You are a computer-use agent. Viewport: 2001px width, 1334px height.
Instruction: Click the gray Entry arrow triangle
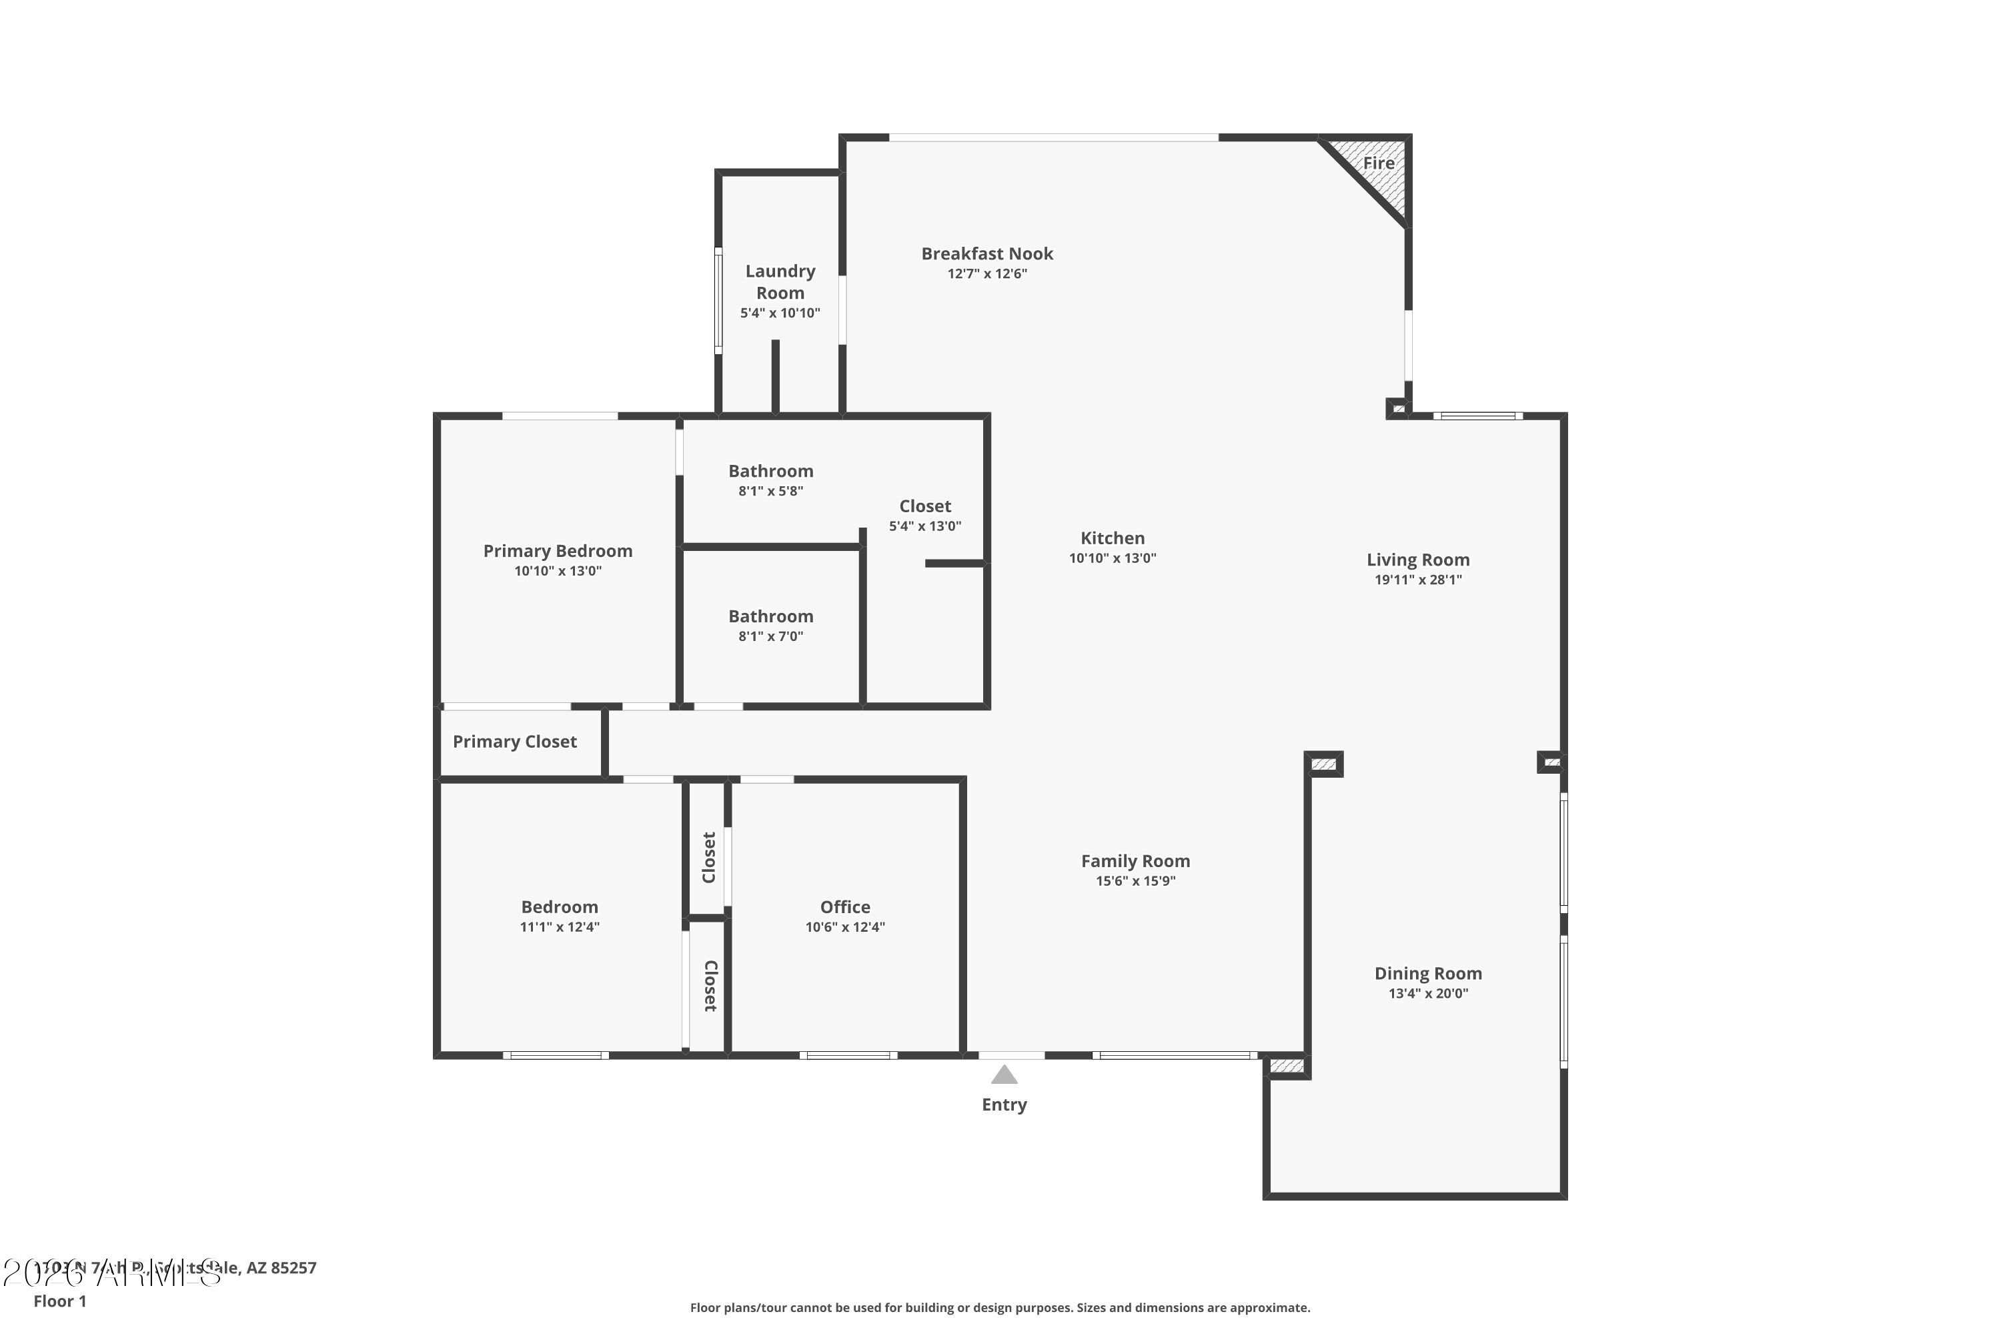click(x=1004, y=1075)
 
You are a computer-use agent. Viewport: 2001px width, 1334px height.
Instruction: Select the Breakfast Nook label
click(x=987, y=253)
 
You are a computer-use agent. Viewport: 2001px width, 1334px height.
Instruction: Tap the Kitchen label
click(x=1112, y=538)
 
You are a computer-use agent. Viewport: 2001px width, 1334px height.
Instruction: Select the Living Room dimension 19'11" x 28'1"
click(x=1417, y=580)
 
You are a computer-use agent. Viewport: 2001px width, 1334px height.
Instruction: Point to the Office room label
click(x=845, y=907)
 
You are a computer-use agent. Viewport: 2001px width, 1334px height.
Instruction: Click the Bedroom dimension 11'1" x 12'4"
click(x=559, y=927)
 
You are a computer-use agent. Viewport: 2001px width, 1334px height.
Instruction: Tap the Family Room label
click(x=1135, y=861)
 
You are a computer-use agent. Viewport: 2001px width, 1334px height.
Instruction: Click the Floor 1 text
click(x=59, y=1301)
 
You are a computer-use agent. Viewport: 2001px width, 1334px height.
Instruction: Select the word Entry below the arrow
click(x=1004, y=1105)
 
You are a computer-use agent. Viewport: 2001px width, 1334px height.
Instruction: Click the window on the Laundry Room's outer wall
click(x=718, y=299)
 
